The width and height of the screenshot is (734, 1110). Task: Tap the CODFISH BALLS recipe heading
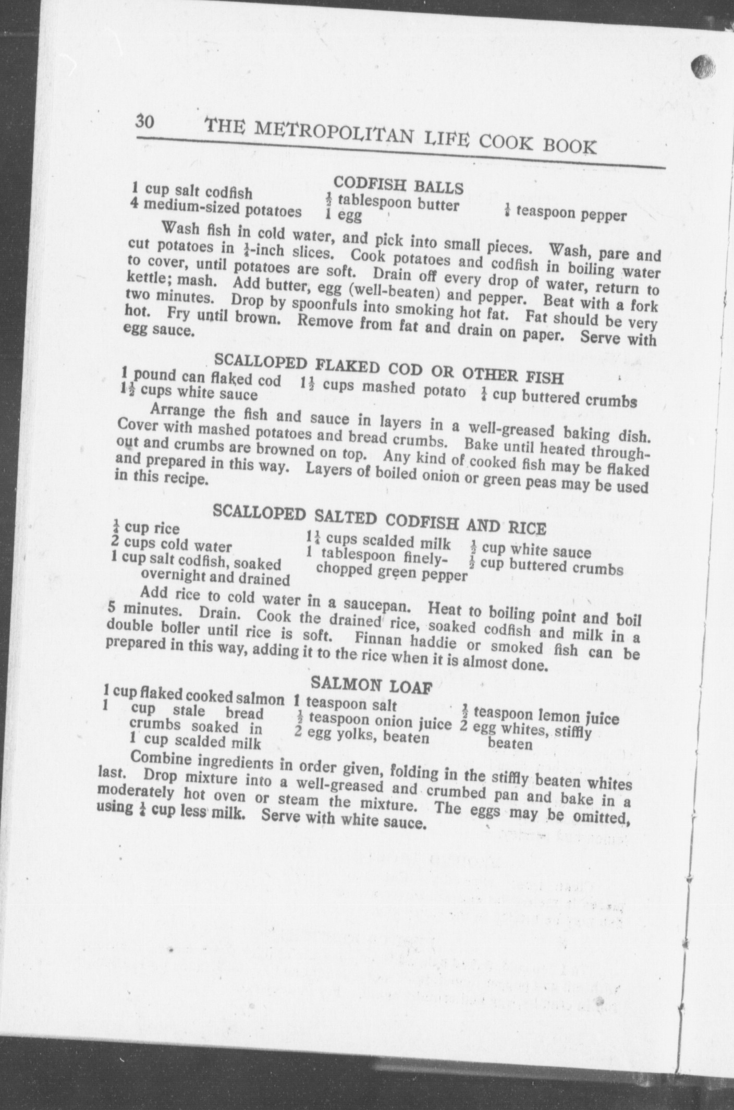(x=398, y=185)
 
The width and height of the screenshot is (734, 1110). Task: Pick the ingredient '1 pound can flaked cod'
(x=201, y=377)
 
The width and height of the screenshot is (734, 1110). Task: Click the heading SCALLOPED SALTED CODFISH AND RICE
(x=380, y=520)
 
